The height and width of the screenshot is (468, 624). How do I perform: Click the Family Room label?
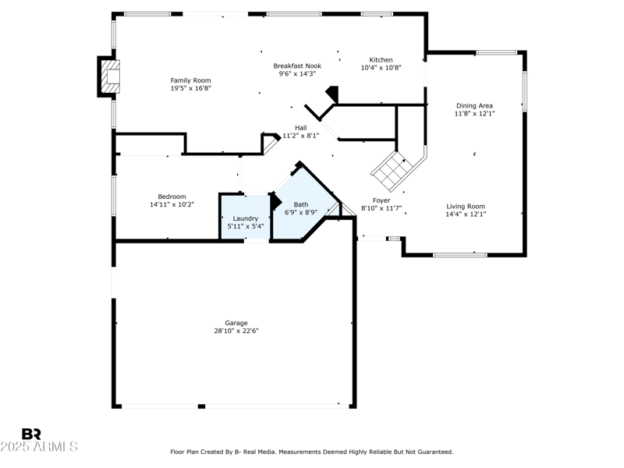(190, 80)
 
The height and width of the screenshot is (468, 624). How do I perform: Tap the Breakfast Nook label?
(297, 66)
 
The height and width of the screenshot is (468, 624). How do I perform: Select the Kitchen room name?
(381, 60)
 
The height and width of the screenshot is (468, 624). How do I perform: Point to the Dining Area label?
(474, 105)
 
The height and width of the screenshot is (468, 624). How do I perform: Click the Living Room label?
(465, 207)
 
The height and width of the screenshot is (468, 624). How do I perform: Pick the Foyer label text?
(381, 200)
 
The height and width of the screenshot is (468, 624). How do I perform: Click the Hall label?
(300, 128)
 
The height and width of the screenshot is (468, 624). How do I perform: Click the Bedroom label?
(172, 197)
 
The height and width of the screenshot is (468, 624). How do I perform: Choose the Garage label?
(236, 323)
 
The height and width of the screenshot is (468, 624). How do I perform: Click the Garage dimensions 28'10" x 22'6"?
(236, 331)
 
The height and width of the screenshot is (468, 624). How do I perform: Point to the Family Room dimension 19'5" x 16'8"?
(190, 88)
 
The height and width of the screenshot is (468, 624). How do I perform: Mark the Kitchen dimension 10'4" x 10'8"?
(381, 68)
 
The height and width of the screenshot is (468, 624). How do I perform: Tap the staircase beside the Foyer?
(392, 168)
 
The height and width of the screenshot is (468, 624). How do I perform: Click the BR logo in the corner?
(31, 434)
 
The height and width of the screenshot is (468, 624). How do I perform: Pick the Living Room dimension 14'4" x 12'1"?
(465, 214)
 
